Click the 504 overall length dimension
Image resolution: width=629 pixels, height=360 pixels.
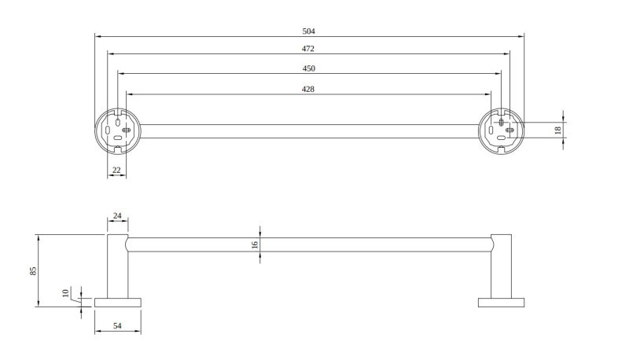309,31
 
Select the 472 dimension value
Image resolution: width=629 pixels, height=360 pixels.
309,49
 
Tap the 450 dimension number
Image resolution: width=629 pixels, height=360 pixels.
309,68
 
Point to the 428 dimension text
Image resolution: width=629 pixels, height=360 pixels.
309,90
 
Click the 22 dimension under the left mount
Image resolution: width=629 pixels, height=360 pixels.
116,169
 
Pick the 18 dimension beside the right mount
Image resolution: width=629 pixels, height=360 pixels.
558,130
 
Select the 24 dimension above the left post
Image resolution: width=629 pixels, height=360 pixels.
117,215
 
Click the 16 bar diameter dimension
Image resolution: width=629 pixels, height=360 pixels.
255,244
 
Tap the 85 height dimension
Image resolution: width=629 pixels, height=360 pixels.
33,270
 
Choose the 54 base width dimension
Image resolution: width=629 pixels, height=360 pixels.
118,325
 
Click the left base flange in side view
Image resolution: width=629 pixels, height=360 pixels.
118,302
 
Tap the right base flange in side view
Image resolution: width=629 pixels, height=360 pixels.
501,302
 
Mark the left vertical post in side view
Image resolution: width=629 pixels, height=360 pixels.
117,266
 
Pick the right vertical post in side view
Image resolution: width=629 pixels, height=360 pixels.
501,266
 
